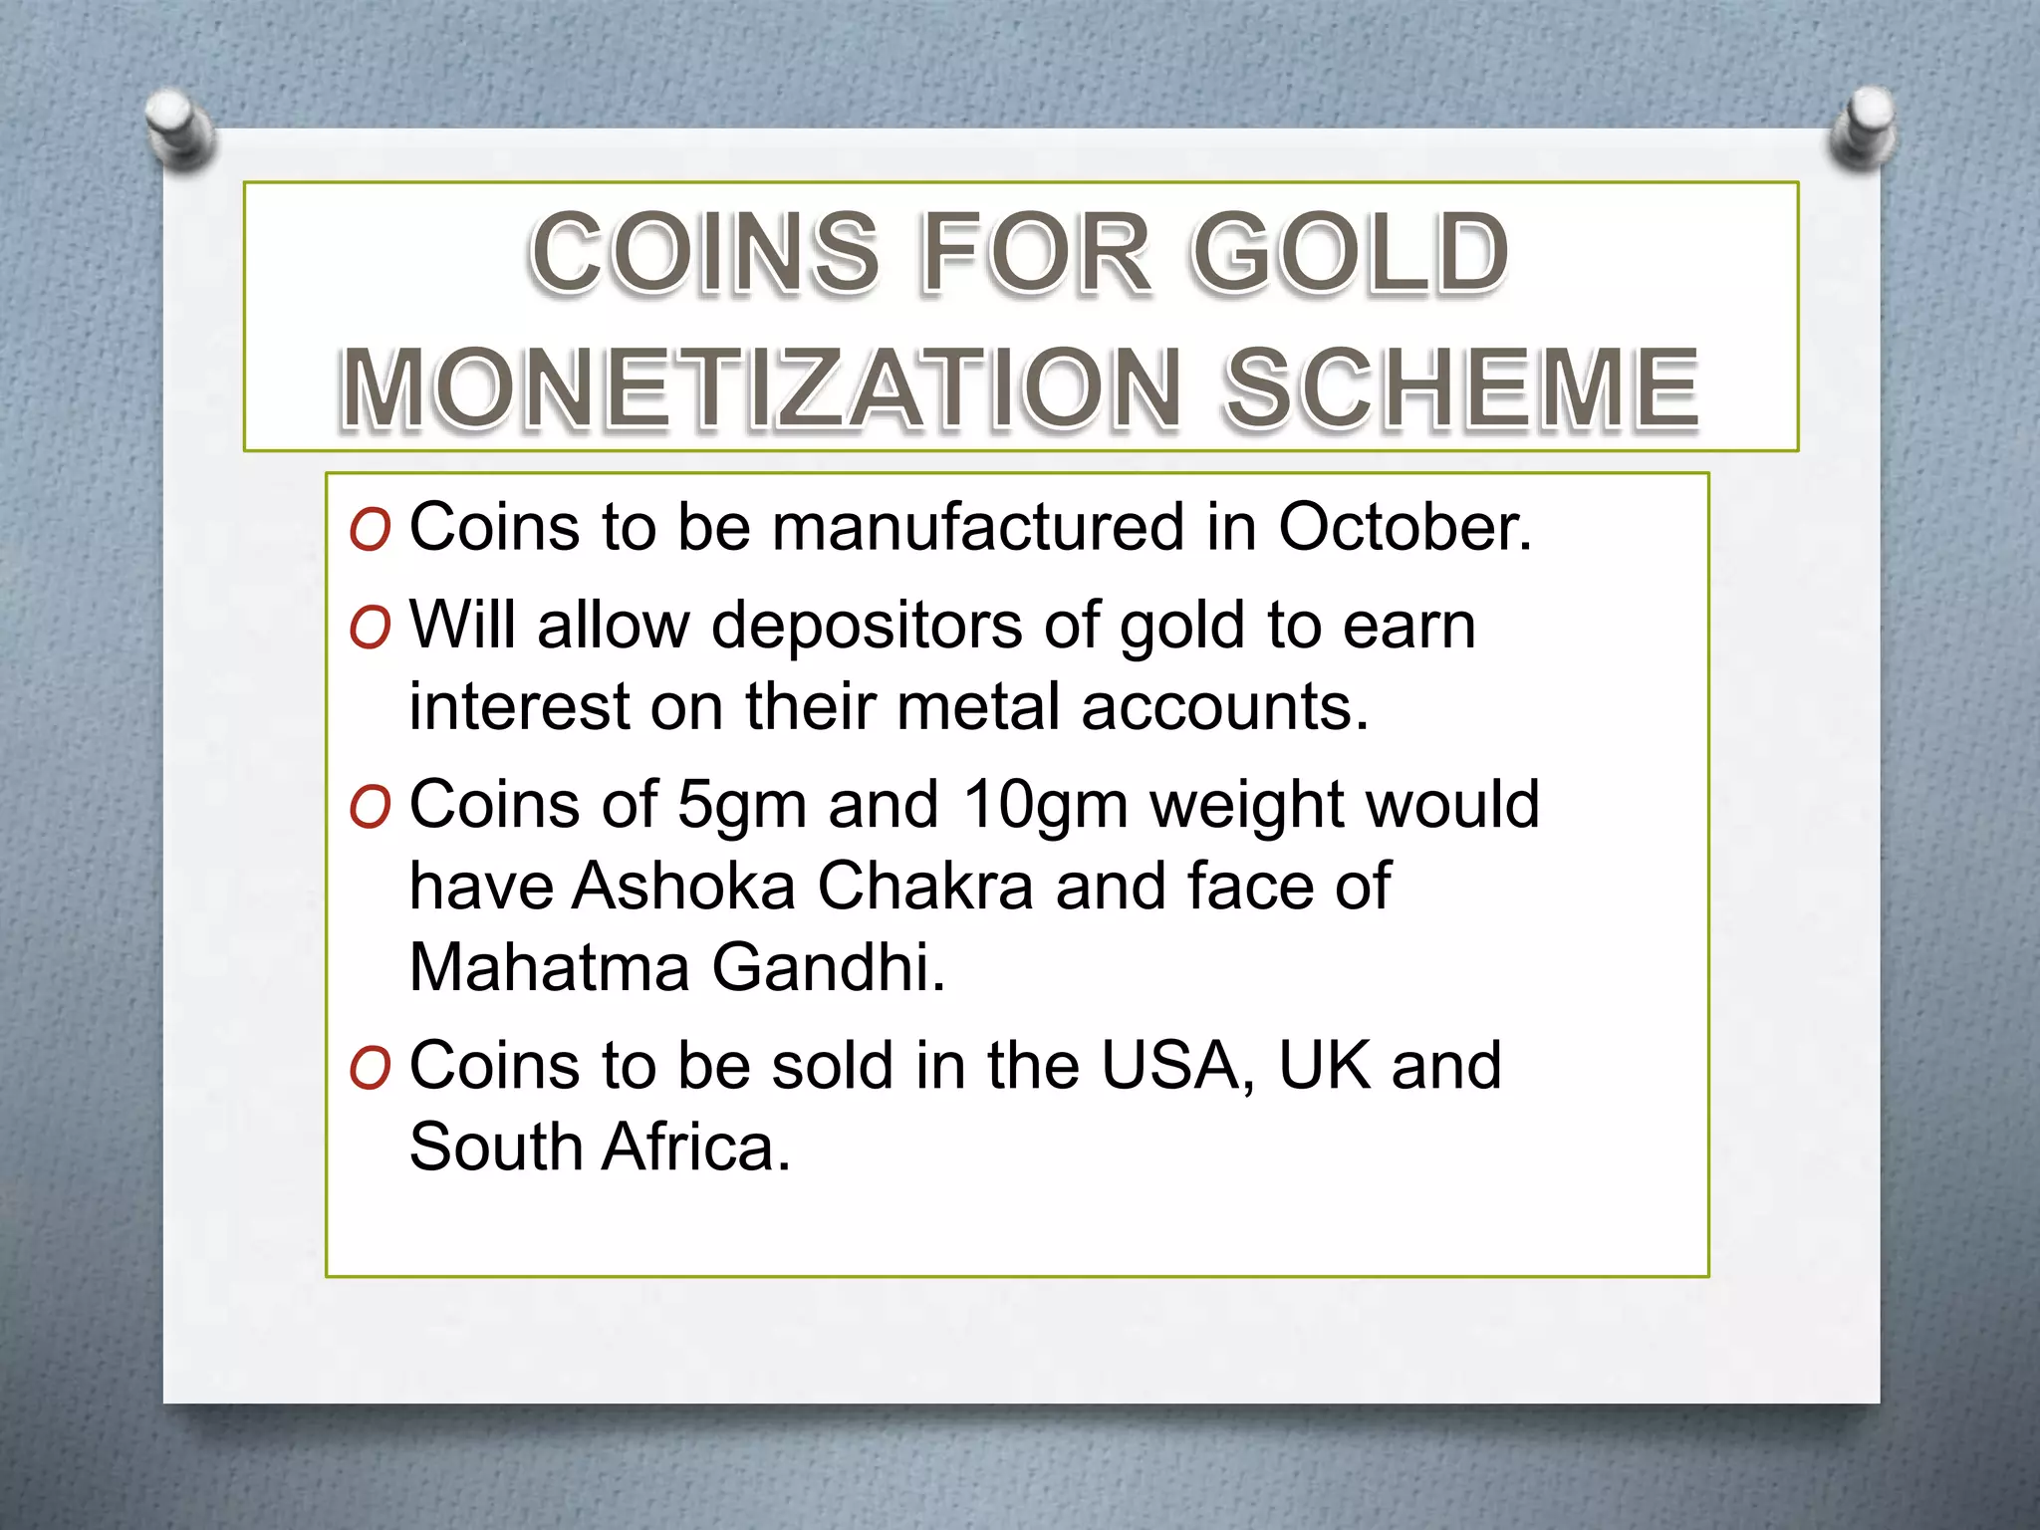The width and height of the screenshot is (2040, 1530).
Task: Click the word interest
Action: point(518,706)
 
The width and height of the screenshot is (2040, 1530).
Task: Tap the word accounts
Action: point(1225,706)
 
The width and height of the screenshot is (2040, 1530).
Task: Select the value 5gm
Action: point(741,805)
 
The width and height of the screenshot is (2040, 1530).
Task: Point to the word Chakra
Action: point(925,886)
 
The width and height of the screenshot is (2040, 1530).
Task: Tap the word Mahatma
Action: point(549,966)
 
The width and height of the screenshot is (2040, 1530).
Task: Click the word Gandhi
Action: point(828,966)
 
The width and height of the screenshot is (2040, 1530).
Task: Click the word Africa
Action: point(696,1147)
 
